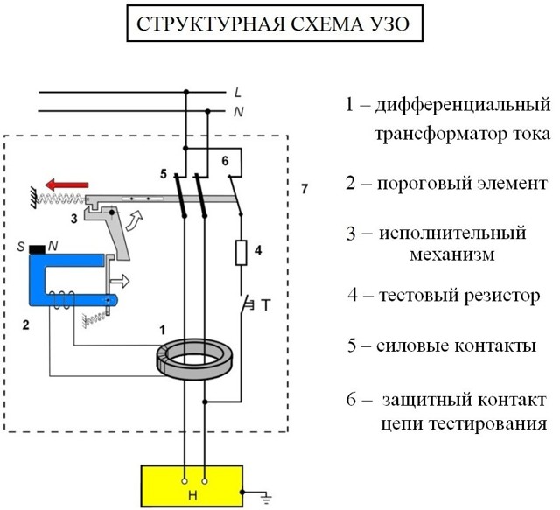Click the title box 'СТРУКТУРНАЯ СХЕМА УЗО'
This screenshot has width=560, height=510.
point(278,24)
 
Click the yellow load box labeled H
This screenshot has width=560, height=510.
point(194,486)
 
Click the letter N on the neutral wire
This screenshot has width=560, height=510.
point(237,112)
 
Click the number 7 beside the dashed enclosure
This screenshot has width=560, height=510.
point(304,189)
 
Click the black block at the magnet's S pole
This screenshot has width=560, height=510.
point(38,250)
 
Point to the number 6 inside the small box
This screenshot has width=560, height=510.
point(224,161)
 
